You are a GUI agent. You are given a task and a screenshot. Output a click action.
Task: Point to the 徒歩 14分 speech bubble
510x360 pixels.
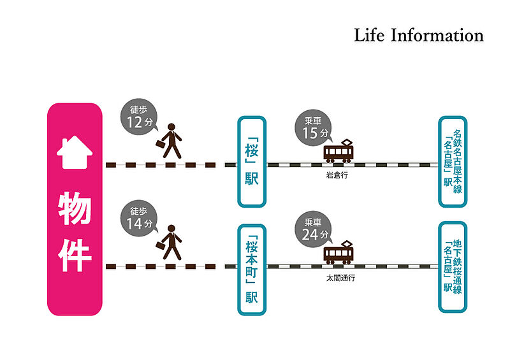point(136,219)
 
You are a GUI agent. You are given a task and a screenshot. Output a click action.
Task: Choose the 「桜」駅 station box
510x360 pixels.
point(251,161)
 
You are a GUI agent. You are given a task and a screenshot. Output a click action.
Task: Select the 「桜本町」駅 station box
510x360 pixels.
point(251,270)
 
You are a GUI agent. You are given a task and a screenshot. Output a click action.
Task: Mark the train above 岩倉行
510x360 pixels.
point(339,152)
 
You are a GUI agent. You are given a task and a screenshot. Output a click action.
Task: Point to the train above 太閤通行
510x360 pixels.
point(339,254)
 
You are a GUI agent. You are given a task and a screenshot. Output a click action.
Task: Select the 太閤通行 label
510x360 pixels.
point(339,278)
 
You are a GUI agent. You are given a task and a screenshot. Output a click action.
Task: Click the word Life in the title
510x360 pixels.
point(369,34)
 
